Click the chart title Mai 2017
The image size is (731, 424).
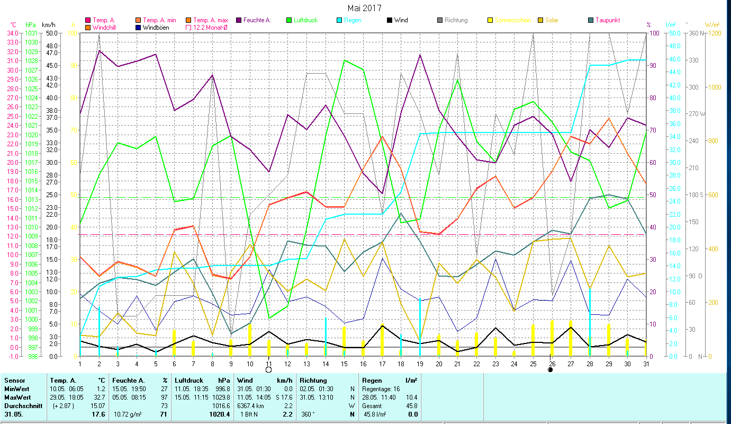(364, 8)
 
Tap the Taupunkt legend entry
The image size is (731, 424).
(607, 20)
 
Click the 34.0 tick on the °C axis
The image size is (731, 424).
(12, 33)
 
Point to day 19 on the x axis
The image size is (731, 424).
(420, 363)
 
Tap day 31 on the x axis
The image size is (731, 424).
(646, 363)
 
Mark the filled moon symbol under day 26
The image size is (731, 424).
(550, 370)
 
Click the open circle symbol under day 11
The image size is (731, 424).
(268, 370)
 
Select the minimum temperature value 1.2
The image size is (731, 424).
(101, 389)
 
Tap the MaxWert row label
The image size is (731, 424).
(17, 397)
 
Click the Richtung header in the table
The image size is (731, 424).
(313, 380)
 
